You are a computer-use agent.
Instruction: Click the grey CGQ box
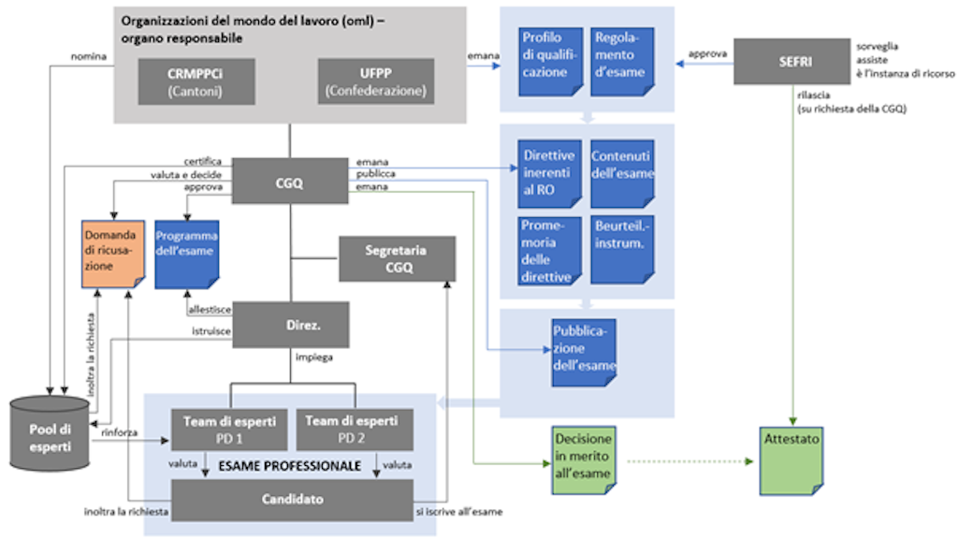(x=290, y=181)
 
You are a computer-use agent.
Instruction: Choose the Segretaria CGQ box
(x=397, y=258)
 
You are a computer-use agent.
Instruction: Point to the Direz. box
(x=290, y=324)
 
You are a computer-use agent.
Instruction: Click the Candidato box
(x=292, y=500)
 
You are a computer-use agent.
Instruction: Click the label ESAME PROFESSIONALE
(x=290, y=465)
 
